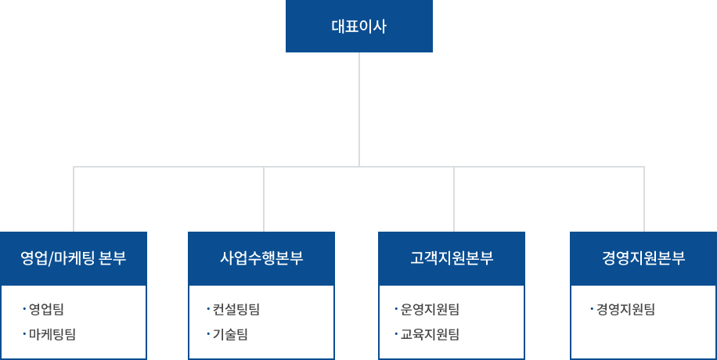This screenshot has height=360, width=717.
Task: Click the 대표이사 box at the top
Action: pos(359,26)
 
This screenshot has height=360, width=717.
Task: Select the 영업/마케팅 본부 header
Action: pos(73,258)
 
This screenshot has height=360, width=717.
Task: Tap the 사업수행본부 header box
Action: pos(261,258)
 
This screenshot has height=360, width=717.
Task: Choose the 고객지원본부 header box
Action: pos(452,258)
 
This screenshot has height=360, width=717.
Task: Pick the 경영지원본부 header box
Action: pos(643,258)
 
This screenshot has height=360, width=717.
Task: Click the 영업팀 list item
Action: pos(46,309)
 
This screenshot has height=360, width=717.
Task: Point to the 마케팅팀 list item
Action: pos(52,334)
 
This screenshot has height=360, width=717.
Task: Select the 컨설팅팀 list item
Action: pos(236,309)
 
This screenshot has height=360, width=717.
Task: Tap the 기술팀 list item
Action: pos(230,334)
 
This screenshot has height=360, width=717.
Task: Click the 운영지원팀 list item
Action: pos(430,309)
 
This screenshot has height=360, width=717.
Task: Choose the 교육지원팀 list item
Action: pos(430,334)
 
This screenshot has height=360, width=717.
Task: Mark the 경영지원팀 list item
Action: pos(625,309)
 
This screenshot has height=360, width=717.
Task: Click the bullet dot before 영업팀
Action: pos(24,309)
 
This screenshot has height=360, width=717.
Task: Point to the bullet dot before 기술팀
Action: pos(207,334)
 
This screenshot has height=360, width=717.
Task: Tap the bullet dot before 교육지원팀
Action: pos(396,334)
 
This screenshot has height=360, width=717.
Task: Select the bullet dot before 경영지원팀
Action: pos(592,309)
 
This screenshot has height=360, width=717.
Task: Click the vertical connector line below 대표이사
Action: pos(359,110)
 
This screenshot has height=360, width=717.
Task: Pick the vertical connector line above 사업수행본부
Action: pos(264,199)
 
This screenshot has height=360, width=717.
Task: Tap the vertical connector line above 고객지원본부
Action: pos(454,199)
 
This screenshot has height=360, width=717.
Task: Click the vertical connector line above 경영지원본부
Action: pos(644,199)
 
